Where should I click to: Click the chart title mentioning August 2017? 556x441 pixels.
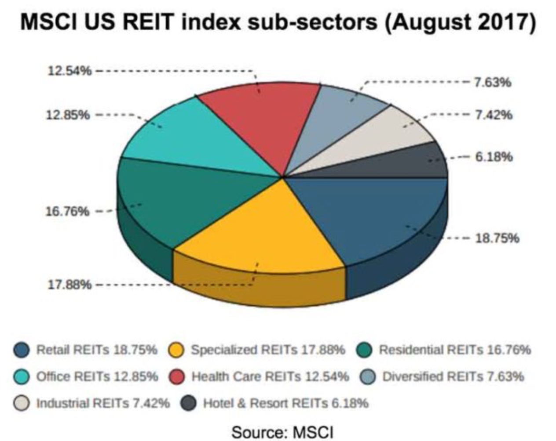point(278,22)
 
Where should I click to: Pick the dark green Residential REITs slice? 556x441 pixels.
point(185,198)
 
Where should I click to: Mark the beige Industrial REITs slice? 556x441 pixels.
point(383,136)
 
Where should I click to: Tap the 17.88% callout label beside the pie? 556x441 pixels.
point(69,285)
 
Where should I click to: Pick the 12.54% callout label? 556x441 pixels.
point(69,71)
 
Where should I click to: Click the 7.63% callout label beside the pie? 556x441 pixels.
point(493,82)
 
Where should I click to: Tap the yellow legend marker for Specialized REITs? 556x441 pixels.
point(177,351)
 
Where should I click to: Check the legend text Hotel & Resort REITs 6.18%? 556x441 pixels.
point(285,403)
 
